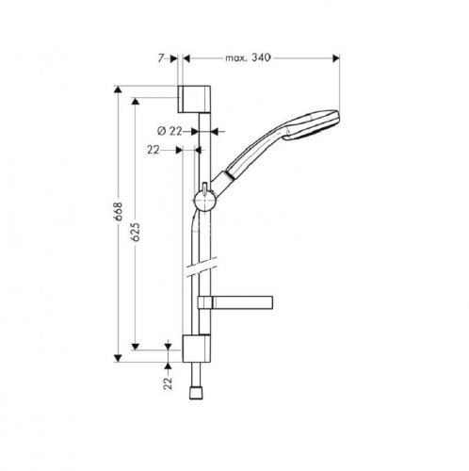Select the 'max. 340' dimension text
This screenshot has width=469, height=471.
point(248,58)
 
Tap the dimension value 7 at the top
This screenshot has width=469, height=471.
point(165,58)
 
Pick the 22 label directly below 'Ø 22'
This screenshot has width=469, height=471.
point(154,148)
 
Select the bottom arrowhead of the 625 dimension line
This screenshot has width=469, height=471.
point(137,348)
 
